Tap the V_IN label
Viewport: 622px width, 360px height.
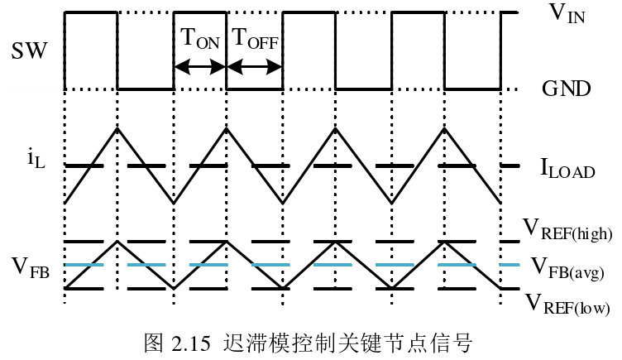[x=567, y=14]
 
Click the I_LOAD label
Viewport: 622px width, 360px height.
[x=567, y=170]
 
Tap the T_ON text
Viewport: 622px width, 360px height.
[x=199, y=39]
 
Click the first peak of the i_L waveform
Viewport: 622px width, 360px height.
[x=118, y=127]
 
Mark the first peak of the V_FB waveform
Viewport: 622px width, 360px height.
[x=118, y=241]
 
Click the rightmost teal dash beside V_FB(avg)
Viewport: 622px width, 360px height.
[x=510, y=265]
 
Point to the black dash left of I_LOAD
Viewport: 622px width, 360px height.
[x=510, y=166]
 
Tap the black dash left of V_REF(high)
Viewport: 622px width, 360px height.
[x=510, y=242]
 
